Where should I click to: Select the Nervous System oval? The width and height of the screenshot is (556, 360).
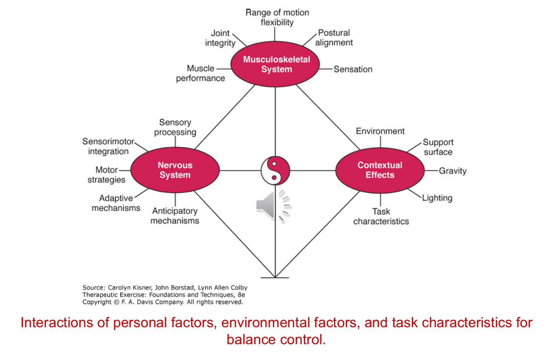(175, 170)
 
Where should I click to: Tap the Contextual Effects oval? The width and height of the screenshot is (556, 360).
(380, 170)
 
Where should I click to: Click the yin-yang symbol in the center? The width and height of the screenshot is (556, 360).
(275, 170)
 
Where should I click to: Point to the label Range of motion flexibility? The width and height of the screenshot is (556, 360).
(277, 17)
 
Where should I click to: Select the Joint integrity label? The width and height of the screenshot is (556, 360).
(220, 38)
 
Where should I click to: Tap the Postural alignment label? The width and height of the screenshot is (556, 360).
(334, 37)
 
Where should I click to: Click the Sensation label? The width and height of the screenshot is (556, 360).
(353, 70)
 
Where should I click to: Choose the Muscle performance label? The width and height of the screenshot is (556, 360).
(200, 73)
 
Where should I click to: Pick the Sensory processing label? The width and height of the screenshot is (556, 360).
(175, 127)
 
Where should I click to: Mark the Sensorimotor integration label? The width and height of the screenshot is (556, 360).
(108, 146)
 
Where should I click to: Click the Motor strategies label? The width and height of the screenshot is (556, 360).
(106, 175)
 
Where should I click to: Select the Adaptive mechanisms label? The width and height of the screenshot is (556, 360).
(116, 203)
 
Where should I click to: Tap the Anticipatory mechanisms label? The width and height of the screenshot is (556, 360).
(175, 216)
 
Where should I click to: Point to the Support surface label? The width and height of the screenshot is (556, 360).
(438, 147)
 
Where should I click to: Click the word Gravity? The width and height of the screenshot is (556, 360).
(453, 171)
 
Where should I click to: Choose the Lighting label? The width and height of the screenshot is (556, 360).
(437, 198)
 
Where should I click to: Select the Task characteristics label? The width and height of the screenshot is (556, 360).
(381, 216)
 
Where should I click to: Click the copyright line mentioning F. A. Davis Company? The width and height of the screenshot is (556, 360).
(163, 302)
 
